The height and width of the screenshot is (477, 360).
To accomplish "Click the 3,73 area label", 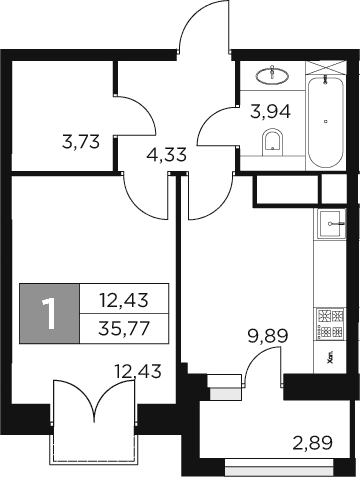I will (81, 142).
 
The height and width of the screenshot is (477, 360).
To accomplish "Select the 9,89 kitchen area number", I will (268, 336).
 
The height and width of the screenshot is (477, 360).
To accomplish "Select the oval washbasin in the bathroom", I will (273, 75).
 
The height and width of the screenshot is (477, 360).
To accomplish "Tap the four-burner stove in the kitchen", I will (331, 320).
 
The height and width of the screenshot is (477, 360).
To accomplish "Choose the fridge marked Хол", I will (331, 354).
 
